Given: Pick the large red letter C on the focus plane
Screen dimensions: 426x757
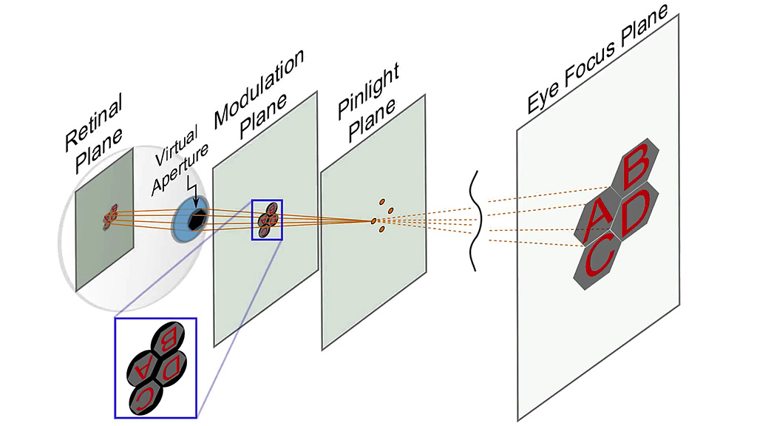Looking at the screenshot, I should pos(599,261).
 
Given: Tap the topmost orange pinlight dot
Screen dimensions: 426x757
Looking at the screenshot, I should pos(382,201).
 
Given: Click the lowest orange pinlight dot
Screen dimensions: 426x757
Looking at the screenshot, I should pos(381,230).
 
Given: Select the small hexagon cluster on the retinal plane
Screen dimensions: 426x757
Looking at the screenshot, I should pos(111,217).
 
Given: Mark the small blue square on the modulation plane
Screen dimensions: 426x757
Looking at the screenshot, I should pos(267,219).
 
